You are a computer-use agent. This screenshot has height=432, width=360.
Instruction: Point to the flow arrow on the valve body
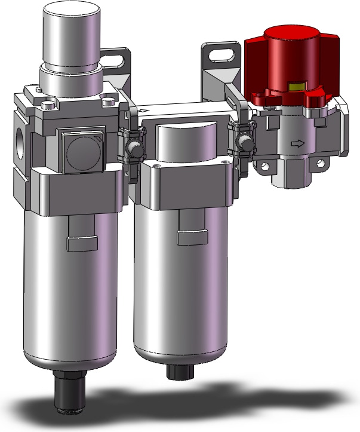point(296,143)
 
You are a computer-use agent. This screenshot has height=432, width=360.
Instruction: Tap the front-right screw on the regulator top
point(109,102)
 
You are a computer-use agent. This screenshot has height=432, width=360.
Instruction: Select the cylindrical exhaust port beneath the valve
point(288,176)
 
